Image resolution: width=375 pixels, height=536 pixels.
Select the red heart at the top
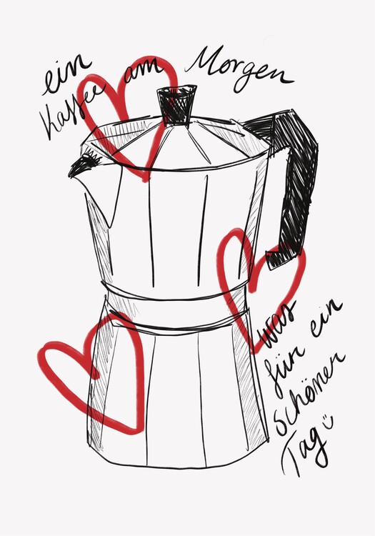pyautogui.click(x=136, y=107)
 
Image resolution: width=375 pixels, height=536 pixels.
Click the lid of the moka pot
pyautogui.click(x=175, y=143)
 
